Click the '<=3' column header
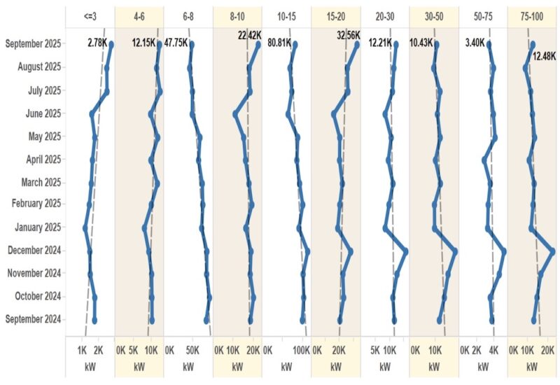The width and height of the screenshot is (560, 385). coord(90,15)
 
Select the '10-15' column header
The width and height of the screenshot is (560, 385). coord(286,15)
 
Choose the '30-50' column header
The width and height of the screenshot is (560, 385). coord(434,15)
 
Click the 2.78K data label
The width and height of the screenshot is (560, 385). coord(98,44)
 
